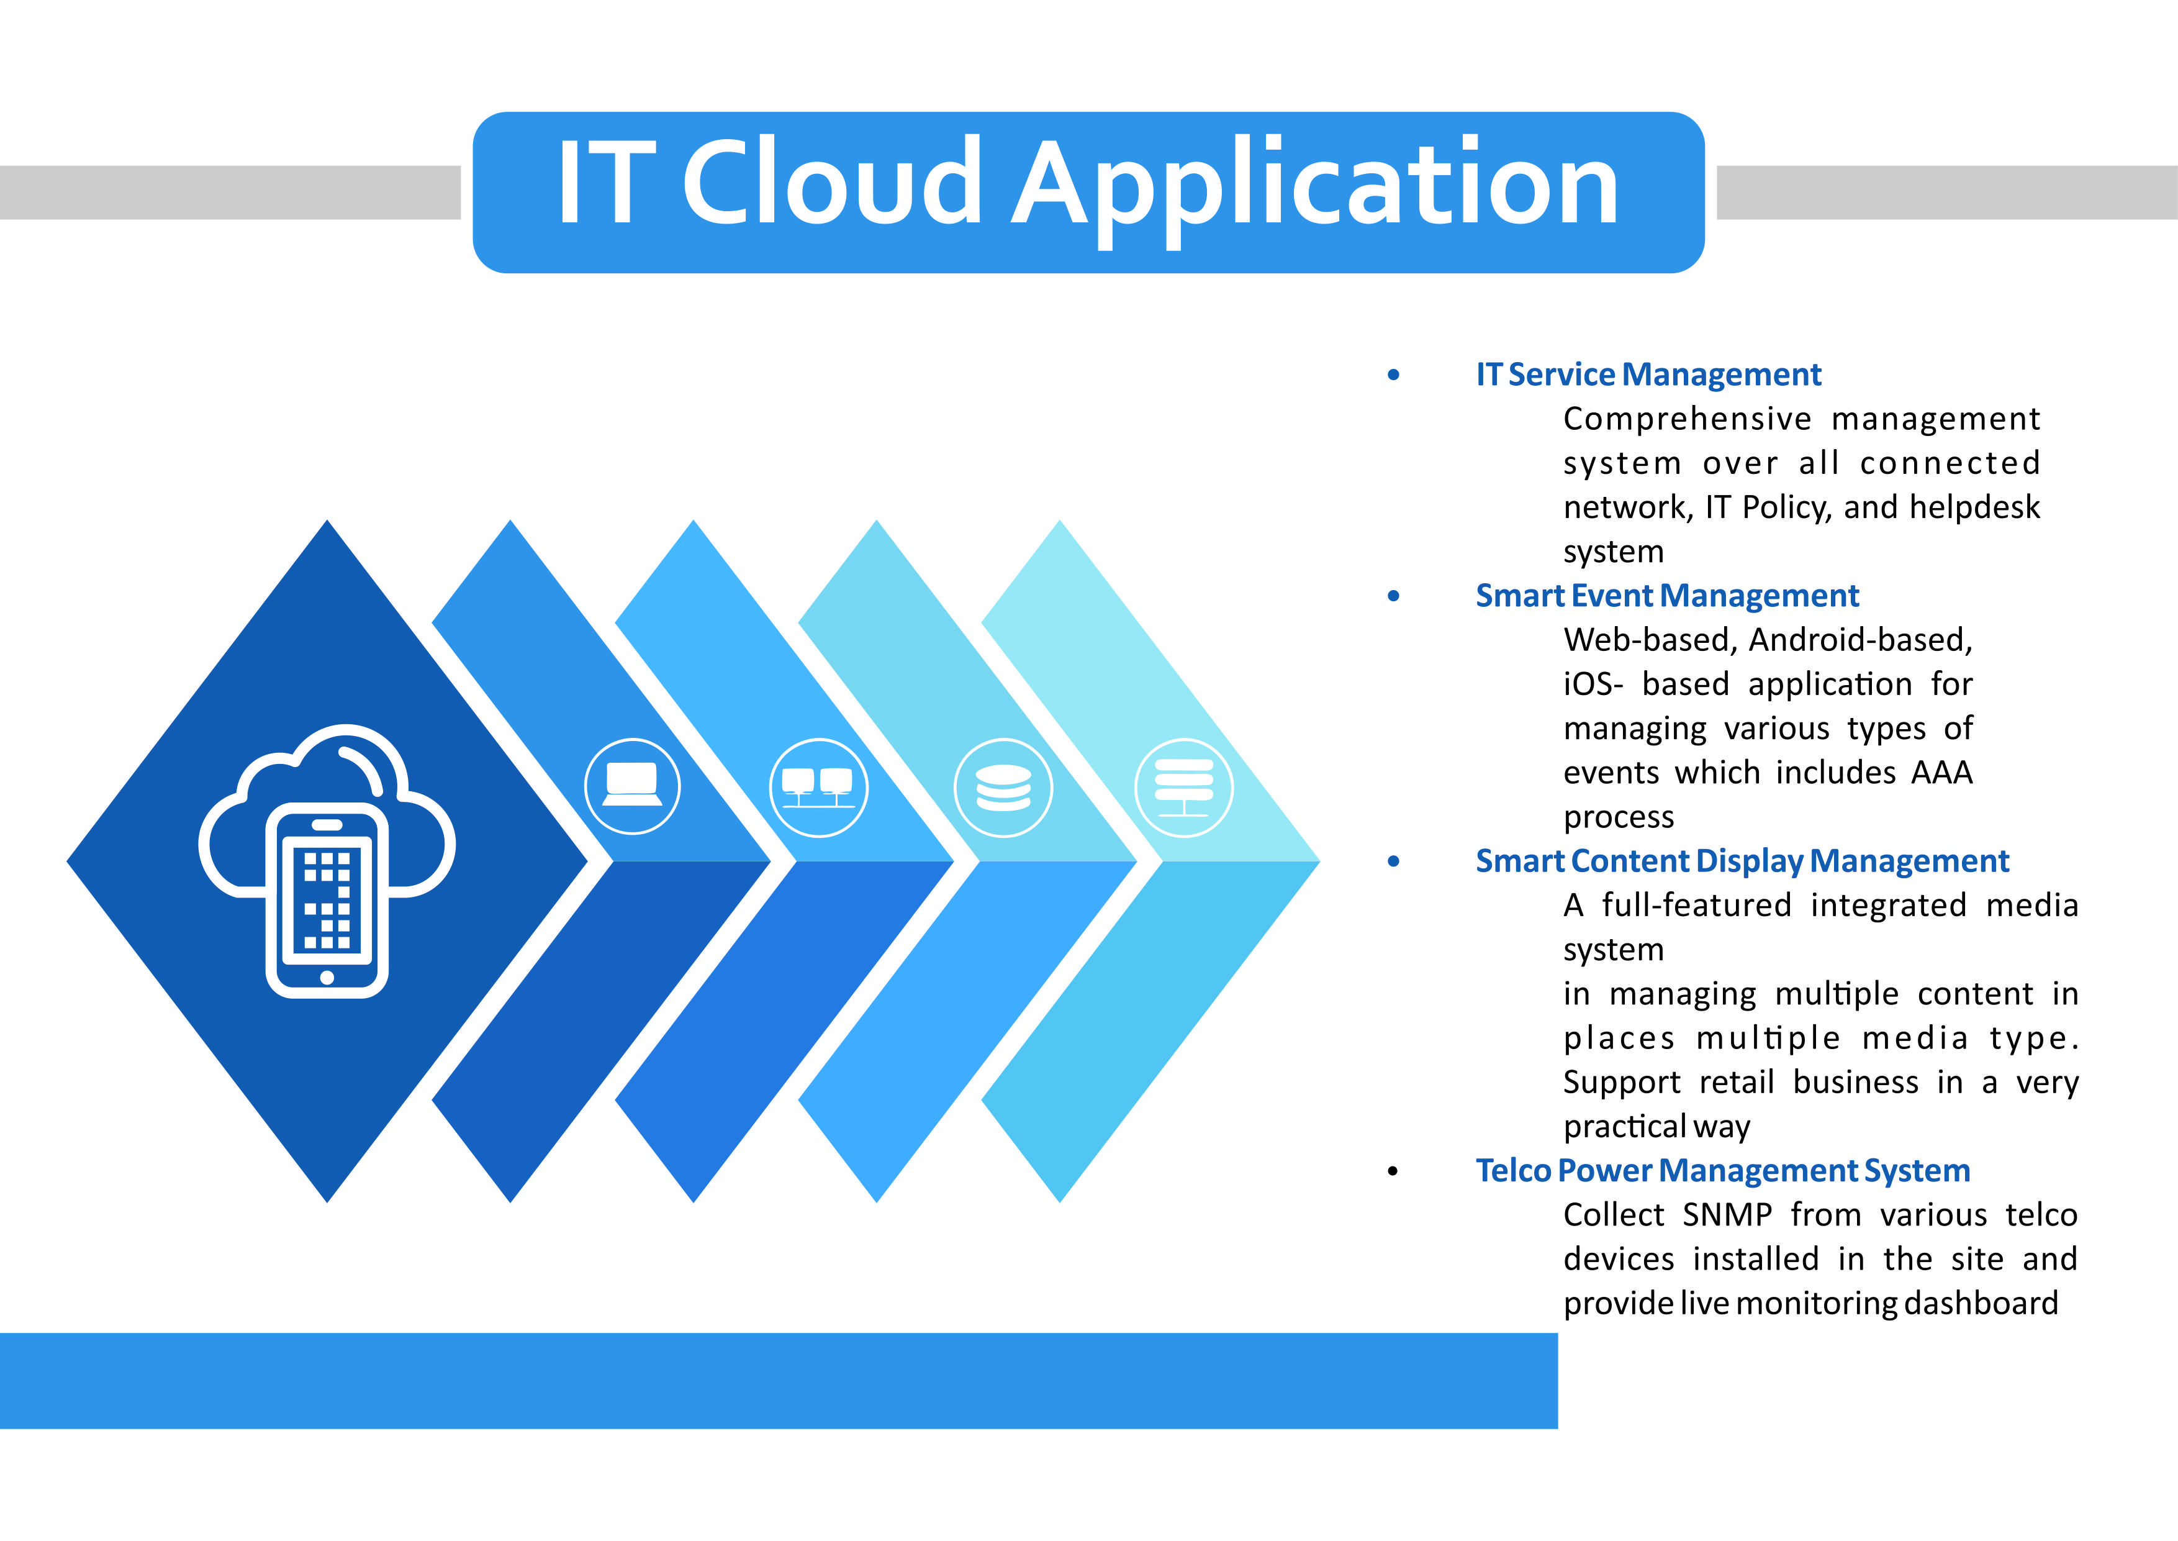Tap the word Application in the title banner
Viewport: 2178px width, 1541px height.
point(1315,191)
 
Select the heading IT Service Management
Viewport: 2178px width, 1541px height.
point(1648,375)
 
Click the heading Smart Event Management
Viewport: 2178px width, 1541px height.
point(1666,596)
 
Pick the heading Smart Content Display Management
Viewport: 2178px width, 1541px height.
point(1742,861)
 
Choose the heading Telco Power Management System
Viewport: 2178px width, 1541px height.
point(1723,1171)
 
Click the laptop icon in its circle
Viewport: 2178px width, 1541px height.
point(632,786)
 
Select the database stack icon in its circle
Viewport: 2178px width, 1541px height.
point(1003,788)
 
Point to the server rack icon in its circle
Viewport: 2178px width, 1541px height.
point(1184,788)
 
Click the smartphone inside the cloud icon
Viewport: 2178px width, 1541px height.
point(327,899)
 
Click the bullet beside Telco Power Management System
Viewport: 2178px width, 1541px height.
point(1393,1171)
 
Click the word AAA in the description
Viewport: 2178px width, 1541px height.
point(1942,773)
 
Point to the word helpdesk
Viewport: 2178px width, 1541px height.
point(1974,507)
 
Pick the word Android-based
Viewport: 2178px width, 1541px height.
point(1860,640)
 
